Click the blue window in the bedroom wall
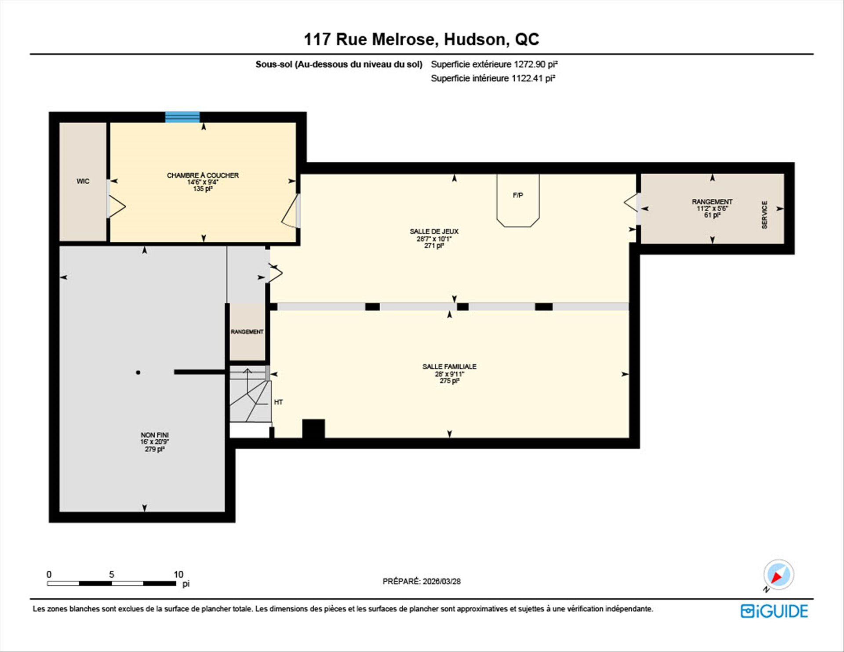pyautogui.click(x=182, y=117)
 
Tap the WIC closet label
pyautogui.click(x=83, y=181)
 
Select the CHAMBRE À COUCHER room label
pyautogui.click(x=203, y=175)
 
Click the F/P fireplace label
pyautogui.click(x=518, y=195)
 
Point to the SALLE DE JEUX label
pyautogui.click(x=434, y=231)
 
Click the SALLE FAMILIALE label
pyautogui.click(x=449, y=366)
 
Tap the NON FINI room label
pyautogui.click(x=154, y=435)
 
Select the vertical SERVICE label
pyautogui.click(x=764, y=215)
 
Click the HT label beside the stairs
pyautogui.click(x=278, y=402)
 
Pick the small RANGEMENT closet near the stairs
pyautogui.click(x=247, y=331)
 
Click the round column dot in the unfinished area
pyautogui.click(x=138, y=372)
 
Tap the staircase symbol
pyautogui.click(x=249, y=394)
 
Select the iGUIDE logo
pyautogui.click(x=774, y=611)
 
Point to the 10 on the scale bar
pyautogui.click(x=178, y=574)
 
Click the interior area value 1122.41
pyautogui.click(x=527, y=78)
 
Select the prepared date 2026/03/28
pyautogui.click(x=441, y=581)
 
